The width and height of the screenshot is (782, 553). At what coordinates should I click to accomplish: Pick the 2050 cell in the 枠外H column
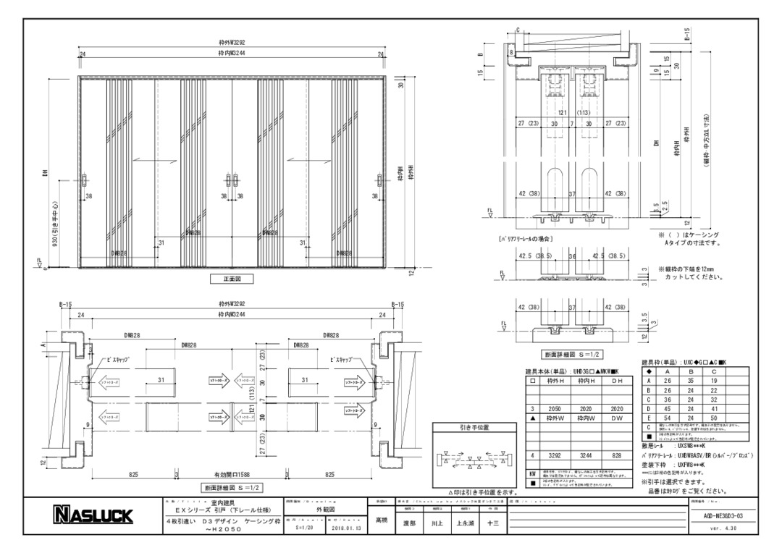coord(555,409)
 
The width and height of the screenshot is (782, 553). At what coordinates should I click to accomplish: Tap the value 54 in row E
coord(668,418)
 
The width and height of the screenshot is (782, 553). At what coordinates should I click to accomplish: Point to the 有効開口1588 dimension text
coord(231,474)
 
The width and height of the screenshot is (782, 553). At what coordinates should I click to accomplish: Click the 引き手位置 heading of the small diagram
coord(475,428)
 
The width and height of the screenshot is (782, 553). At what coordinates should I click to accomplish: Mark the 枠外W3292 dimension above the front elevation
coord(231,41)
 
